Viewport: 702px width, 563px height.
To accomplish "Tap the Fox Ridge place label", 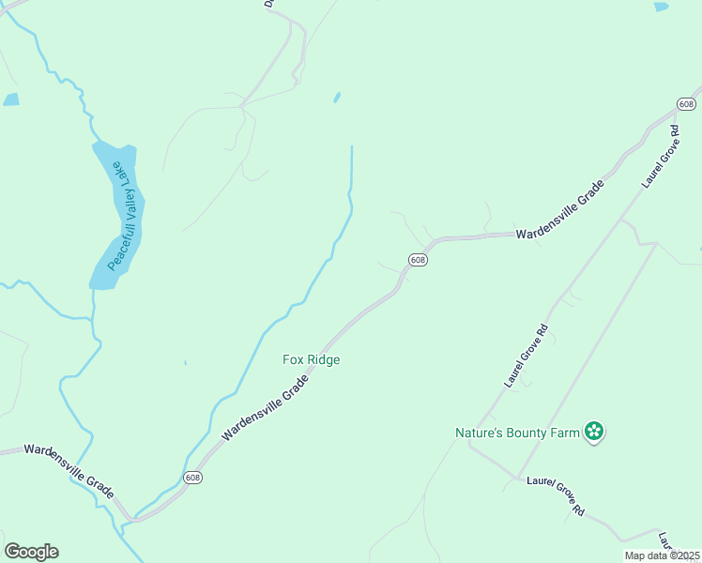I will [x=311, y=359].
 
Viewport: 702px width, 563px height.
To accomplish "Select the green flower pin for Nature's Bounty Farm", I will [x=593, y=432].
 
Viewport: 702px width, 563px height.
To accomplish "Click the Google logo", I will [x=31, y=552].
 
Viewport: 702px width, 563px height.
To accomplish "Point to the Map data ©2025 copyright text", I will [x=661, y=555].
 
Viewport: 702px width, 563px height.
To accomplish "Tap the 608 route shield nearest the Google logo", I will [x=192, y=477].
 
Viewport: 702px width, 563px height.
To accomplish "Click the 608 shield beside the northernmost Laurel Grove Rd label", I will [x=686, y=103].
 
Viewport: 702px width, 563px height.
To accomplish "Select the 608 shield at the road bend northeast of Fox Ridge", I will [x=418, y=259].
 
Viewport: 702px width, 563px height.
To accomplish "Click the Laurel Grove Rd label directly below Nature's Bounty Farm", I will [x=556, y=495].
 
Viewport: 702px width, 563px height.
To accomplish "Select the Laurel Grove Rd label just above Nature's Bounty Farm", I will [x=526, y=357].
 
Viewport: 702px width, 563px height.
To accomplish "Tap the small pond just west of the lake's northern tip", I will [x=11, y=99].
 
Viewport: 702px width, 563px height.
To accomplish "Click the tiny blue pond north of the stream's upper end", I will [x=337, y=97].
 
